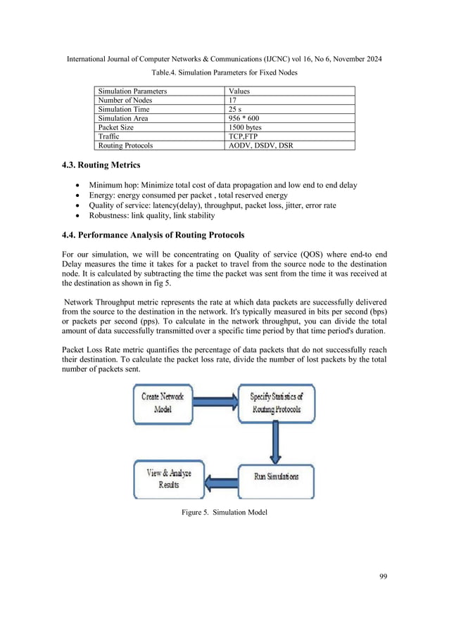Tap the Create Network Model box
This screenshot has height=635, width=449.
163,402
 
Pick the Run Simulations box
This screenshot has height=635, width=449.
275,476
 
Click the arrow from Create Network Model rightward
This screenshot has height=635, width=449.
215,402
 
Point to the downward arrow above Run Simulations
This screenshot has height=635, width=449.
272,440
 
